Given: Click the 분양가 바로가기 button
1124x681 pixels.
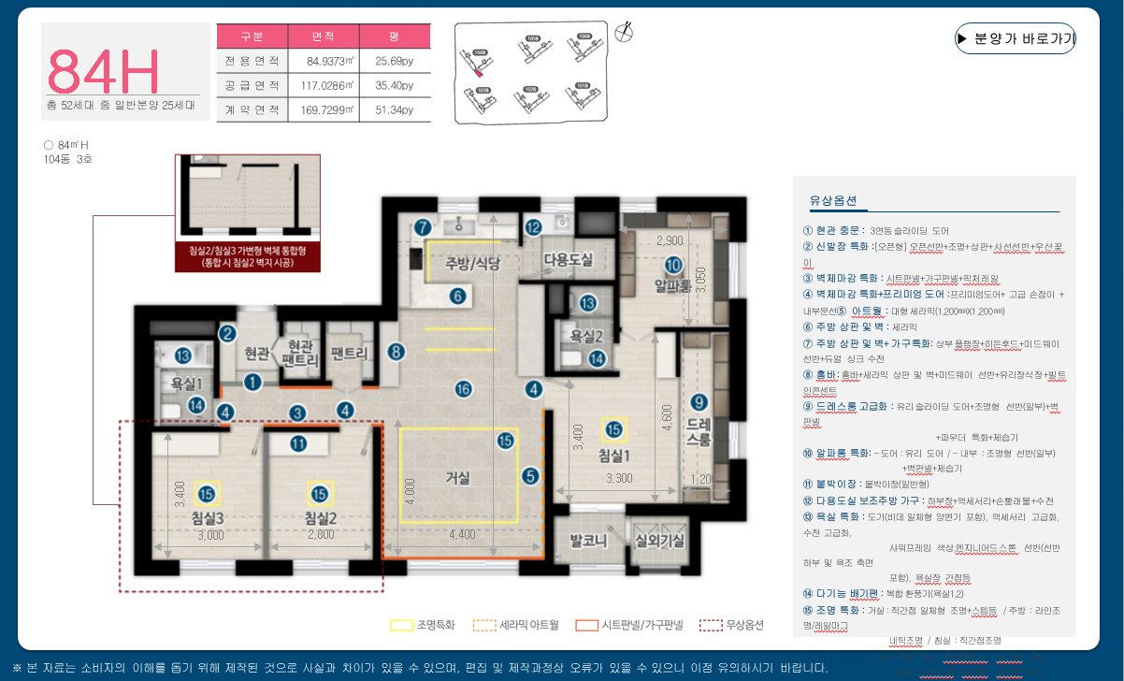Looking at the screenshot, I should (x=1015, y=39).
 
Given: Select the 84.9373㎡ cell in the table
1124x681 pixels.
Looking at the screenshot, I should (x=323, y=62).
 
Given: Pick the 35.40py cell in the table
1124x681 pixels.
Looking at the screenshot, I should (x=394, y=85).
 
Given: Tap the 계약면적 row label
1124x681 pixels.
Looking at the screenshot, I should (x=252, y=109).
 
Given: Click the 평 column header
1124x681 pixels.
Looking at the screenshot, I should (x=394, y=36).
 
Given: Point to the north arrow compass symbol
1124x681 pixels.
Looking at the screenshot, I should (x=627, y=32).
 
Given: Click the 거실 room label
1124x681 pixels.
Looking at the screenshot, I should (x=457, y=478).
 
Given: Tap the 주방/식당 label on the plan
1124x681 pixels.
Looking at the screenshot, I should (x=472, y=263).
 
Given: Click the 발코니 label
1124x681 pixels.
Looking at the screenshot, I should (x=589, y=541).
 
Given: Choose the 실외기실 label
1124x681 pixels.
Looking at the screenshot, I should (x=659, y=541).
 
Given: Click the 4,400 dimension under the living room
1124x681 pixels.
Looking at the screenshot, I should (x=461, y=535).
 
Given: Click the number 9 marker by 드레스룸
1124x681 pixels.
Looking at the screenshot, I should (x=699, y=403).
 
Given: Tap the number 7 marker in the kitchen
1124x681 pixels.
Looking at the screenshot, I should (x=423, y=226).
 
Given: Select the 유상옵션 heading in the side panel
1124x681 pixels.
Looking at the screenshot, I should (x=826, y=201).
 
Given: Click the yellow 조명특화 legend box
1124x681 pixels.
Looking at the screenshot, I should (x=401, y=625).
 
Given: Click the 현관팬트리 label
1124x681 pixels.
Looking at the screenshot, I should (x=299, y=352).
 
